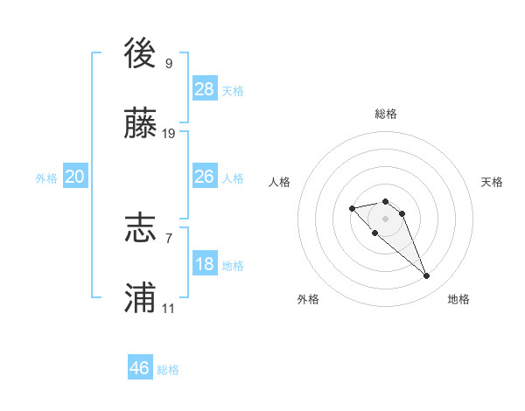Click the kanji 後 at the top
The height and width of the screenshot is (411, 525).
click(140, 52)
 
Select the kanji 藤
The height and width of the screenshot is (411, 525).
click(140, 124)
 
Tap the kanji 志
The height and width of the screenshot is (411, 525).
click(140, 227)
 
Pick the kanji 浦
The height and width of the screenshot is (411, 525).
click(140, 298)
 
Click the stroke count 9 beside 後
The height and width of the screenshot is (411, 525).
click(169, 63)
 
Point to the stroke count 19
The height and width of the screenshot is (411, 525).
click(169, 134)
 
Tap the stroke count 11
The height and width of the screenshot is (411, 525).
click(169, 309)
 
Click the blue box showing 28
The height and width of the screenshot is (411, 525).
click(205, 88)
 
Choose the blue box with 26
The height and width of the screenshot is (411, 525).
click(205, 177)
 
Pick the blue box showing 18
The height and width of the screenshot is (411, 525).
click(205, 264)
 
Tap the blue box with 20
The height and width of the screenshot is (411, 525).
click(75, 177)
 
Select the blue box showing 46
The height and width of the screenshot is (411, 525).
click(140, 368)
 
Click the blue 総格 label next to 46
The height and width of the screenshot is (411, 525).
click(169, 370)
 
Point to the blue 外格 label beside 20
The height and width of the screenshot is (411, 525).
click(46, 178)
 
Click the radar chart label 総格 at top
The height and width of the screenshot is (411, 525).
click(386, 114)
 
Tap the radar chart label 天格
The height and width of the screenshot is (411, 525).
click(492, 182)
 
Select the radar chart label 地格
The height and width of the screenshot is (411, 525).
click(458, 299)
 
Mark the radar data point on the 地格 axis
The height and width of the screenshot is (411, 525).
click(427, 276)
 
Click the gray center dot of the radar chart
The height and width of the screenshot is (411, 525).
click(385, 219)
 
